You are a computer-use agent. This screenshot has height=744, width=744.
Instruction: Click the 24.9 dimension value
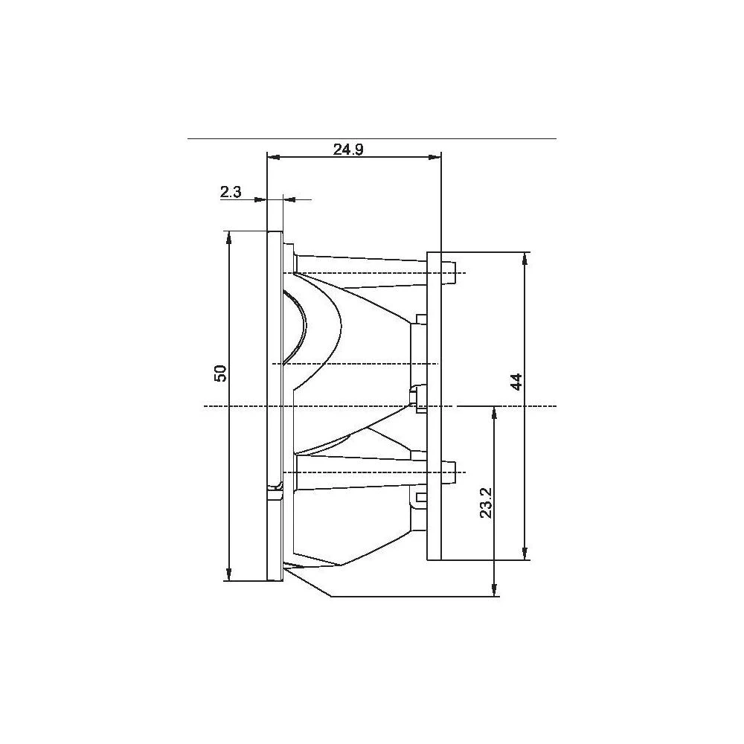click(x=348, y=149)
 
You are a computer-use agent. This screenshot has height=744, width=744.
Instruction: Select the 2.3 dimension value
click(x=231, y=192)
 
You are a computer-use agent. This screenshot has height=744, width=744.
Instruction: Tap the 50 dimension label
click(x=221, y=373)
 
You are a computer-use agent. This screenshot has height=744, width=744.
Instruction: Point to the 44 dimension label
click(x=517, y=381)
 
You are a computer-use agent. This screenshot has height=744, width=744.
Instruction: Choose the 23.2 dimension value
click(x=486, y=503)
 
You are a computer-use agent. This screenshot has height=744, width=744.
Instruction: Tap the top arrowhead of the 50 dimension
click(x=228, y=237)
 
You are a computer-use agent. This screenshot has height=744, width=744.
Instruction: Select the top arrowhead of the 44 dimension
click(x=525, y=257)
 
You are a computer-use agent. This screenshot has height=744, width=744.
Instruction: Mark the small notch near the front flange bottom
click(x=276, y=487)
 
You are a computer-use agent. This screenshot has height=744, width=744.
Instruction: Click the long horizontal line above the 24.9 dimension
click(x=372, y=138)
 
